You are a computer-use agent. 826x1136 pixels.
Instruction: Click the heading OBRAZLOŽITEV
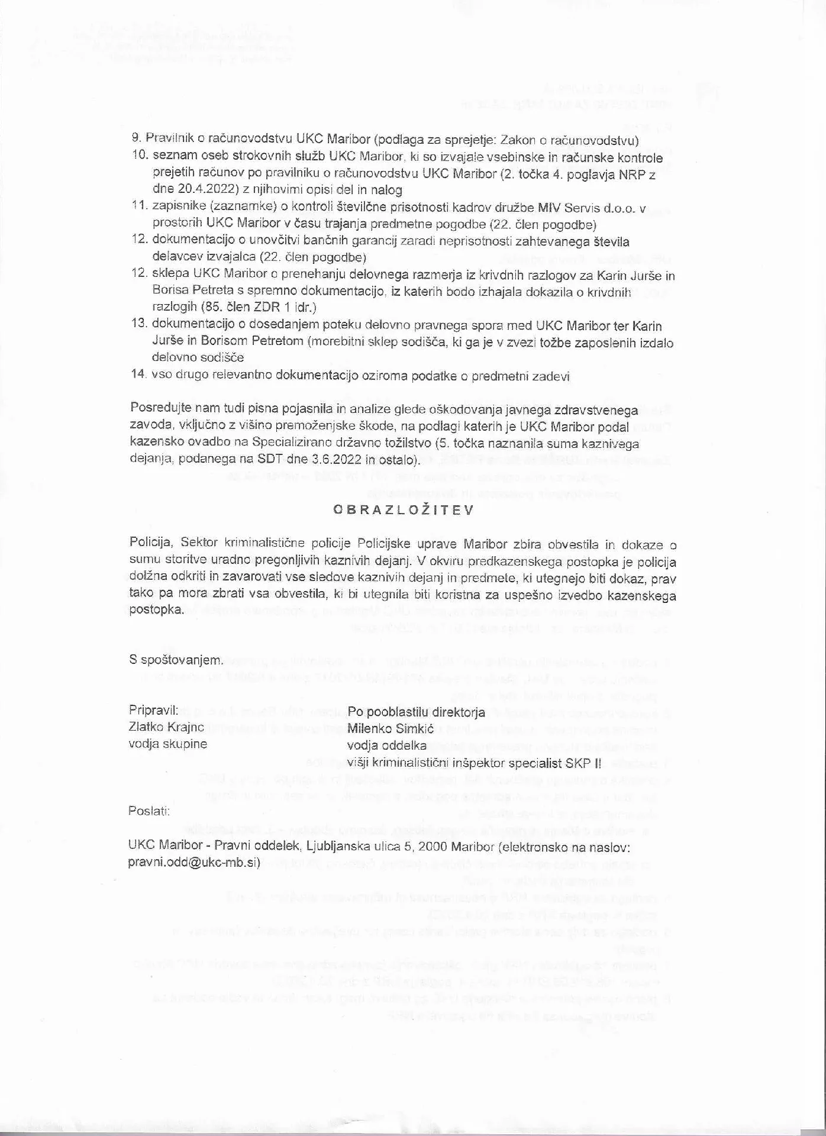tap(403, 510)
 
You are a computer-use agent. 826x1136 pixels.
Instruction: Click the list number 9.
tap(135, 140)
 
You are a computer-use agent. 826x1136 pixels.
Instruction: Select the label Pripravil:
tap(153, 712)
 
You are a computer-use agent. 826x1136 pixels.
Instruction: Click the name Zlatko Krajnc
tap(166, 728)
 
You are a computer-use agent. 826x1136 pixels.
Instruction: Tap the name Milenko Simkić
tap(391, 728)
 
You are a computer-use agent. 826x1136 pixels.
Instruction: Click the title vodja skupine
tap(168, 744)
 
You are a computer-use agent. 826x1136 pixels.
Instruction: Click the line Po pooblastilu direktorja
tap(416, 712)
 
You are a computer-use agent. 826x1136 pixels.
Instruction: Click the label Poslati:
tap(149, 811)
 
